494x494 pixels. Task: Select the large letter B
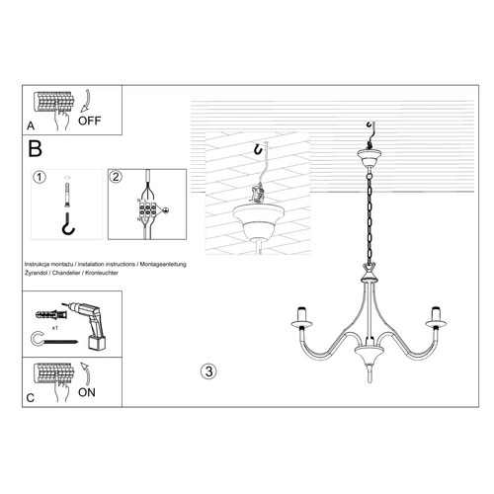point(35,150)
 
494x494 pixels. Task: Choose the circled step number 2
point(115,178)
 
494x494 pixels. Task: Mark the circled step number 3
point(207,371)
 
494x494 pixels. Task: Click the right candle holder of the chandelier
point(434,318)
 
